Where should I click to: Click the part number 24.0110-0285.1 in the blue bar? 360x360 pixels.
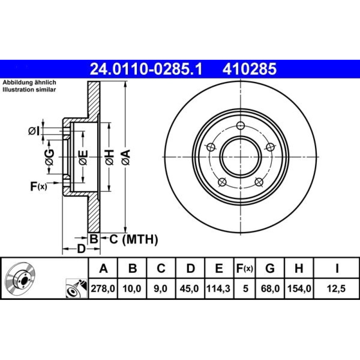point(146,69)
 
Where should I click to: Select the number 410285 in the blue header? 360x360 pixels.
point(249,69)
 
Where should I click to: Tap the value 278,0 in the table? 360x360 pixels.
point(103,289)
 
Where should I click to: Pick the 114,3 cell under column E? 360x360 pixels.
point(219,289)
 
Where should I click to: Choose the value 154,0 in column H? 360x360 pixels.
point(299,289)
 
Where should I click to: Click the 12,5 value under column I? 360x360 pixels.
point(337,289)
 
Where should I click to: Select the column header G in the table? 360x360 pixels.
point(270,268)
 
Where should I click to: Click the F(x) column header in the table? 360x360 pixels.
point(244,268)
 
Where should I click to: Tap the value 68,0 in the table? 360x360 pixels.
point(270,289)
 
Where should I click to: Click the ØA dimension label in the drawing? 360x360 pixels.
point(126,157)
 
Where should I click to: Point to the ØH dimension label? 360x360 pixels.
point(109,157)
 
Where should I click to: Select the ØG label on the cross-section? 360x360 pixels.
point(50,157)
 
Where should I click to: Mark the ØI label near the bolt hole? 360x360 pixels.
point(34,131)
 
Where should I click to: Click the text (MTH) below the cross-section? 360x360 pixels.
point(140,239)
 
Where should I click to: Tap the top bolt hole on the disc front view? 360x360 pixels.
point(240,126)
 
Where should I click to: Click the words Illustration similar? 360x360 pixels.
point(29,90)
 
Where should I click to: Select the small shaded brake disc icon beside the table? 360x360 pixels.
point(20,278)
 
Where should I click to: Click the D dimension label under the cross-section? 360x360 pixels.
point(81,249)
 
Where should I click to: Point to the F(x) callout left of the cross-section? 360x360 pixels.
point(39,186)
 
